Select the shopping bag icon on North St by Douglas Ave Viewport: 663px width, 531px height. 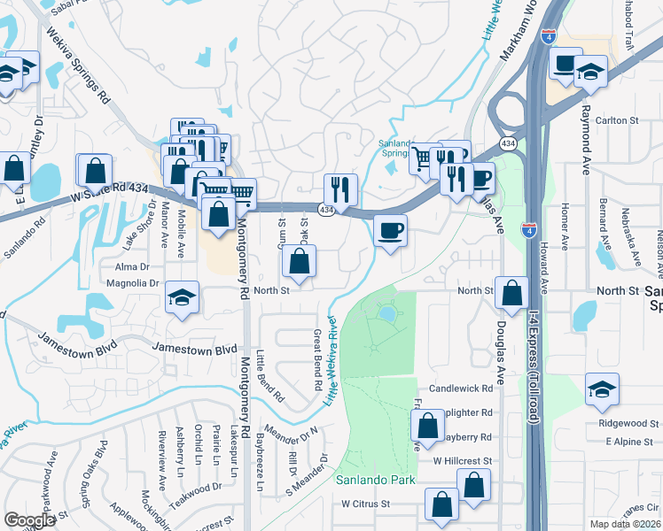pyautogui.click(x=512, y=292)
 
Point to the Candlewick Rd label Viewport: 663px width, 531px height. pyautogui.click(x=460, y=389)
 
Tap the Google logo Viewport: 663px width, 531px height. pyautogui.click(x=29, y=520)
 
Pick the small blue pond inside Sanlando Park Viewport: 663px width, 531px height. pyautogui.click(x=387, y=313)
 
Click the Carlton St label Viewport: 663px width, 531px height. pyautogui.click(x=617, y=120)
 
